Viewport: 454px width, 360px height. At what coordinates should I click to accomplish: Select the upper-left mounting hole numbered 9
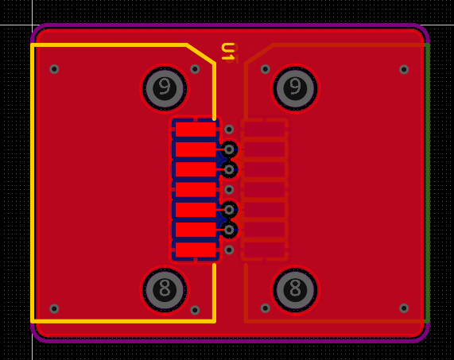click(165, 88)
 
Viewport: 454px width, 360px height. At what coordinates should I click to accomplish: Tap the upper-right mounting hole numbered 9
click(295, 88)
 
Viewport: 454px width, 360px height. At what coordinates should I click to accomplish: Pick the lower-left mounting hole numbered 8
click(165, 290)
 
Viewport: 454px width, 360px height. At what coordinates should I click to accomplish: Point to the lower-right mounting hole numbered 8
click(295, 290)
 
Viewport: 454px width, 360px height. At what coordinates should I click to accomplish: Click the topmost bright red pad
click(196, 130)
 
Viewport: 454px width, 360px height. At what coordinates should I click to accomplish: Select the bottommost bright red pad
click(196, 250)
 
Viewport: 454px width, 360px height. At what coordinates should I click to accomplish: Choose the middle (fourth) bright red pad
click(196, 190)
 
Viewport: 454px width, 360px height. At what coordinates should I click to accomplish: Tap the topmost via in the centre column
click(229, 130)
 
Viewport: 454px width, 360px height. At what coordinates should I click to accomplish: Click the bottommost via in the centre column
click(229, 250)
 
